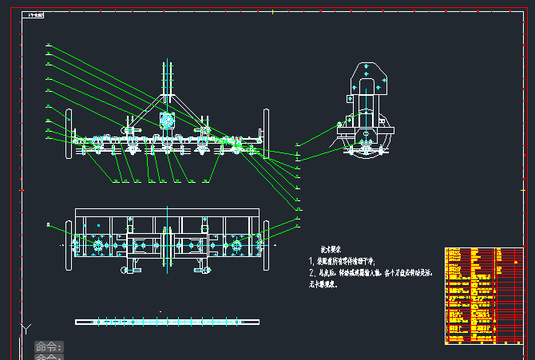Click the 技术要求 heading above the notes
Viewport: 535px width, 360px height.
[329, 249]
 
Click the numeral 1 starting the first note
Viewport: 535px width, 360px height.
[311, 261]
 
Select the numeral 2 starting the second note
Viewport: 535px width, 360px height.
[311, 273]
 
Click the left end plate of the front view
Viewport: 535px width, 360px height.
[69, 132]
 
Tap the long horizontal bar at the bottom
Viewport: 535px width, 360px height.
[167, 322]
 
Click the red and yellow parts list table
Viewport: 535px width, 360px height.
[484, 295]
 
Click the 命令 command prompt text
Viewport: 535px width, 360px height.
[48, 347]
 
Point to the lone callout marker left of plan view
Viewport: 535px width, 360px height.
[49, 227]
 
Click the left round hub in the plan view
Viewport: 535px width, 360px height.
[98, 245]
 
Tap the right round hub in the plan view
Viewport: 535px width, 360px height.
[237, 245]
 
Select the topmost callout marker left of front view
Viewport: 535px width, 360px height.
[49, 45]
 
